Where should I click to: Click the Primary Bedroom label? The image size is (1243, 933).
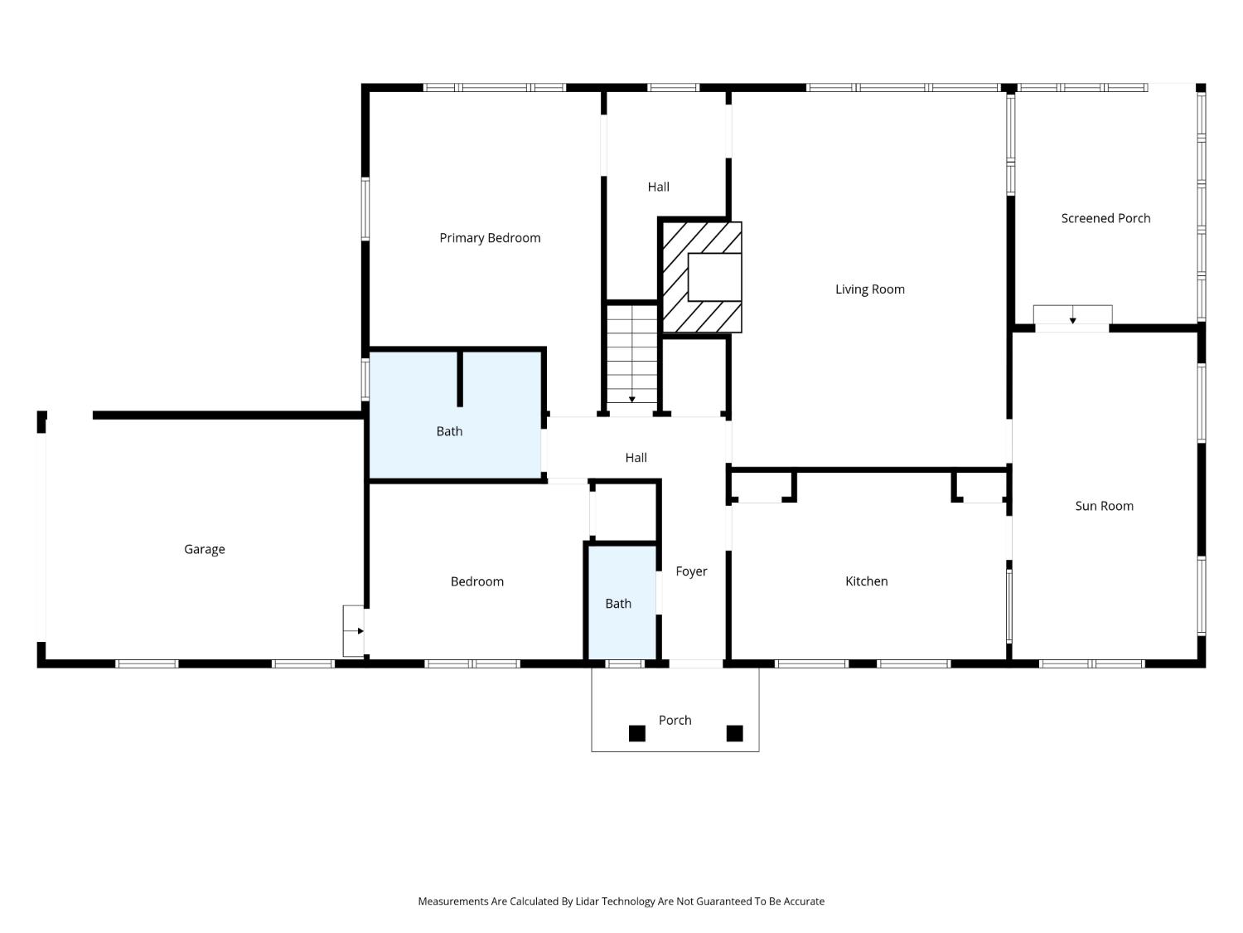point(490,238)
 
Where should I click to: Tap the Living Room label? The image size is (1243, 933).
point(870,289)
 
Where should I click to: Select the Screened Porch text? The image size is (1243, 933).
point(1105,218)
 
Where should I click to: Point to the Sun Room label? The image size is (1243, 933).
point(1105,506)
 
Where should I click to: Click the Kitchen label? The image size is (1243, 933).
point(867,581)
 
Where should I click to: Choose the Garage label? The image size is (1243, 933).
point(205,550)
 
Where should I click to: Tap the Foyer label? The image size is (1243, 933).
point(691,571)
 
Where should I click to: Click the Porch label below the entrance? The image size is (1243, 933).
point(675,720)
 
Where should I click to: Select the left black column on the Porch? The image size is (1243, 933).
point(637,734)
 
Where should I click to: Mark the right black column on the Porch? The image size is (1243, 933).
point(734,734)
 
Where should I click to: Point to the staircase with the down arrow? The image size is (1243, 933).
point(632,353)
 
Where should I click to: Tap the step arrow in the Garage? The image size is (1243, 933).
point(360,631)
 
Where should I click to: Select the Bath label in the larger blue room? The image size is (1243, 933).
point(449,431)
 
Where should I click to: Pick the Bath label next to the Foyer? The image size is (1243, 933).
point(618,604)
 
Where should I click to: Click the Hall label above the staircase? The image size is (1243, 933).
point(658,187)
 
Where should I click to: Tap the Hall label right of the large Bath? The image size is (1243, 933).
point(636,458)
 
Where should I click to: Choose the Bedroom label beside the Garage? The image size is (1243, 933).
point(476,582)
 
